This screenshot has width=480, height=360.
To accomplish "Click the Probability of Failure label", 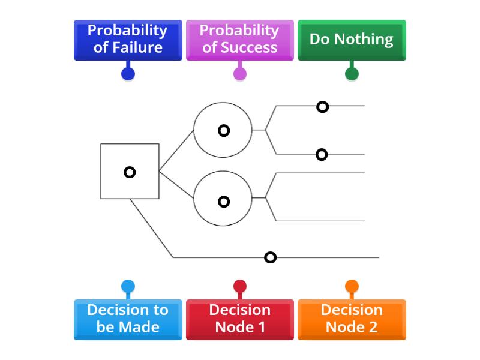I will pos(128,40).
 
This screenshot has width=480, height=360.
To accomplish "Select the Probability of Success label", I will pos(239,40).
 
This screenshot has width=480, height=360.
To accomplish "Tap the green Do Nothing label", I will pos(352,40).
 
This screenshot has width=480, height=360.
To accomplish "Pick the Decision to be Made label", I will pos(128,319).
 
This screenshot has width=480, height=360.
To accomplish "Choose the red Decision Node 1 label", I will pos(239,319).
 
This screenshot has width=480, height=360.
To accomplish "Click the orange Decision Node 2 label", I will pos(352,319).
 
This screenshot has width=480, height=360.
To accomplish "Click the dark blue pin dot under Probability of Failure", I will pos(128,74).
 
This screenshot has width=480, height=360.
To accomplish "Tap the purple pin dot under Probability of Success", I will pos(239,74).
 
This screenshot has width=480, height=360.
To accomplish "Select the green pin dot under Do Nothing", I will pos(352,74).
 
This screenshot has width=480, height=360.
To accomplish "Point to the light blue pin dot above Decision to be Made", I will pos(128,286).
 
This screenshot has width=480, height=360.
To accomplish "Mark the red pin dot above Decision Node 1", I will pos(239,286).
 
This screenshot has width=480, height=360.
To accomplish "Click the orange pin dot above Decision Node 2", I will pos(352,286).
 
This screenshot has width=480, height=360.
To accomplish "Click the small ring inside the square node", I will pos(130,172).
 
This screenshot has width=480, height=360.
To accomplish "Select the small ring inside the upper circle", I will pos(224,130).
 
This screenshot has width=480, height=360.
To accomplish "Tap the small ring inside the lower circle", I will pos(224,202).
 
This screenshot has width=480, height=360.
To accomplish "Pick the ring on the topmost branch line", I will pos(323,107).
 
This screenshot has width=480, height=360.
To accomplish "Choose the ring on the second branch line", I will pos(322,155).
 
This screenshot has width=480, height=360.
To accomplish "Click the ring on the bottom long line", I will pos(271,257).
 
